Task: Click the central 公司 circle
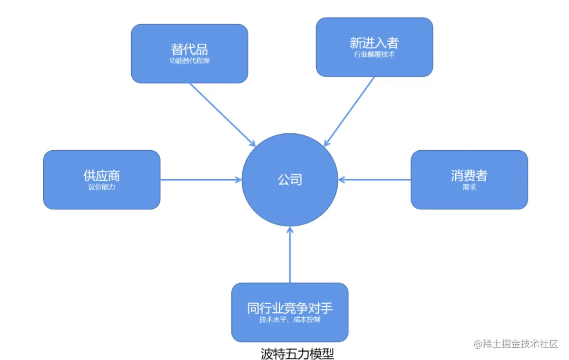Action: pos(290,158)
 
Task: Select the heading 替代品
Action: pos(189,50)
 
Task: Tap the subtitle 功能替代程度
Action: pos(189,61)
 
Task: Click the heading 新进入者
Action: pos(374,43)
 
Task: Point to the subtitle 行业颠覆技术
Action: pos(374,54)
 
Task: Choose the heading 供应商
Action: pos(101,176)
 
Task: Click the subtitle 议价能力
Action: pos(101,187)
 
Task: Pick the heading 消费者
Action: pos(469,176)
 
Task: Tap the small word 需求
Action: pos(469,187)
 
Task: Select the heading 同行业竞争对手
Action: pos(290,308)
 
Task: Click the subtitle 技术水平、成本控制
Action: pos(290,319)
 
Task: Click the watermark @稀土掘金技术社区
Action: pos(516,344)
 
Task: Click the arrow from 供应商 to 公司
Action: pos(200,180)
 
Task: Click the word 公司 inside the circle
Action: pos(290,180)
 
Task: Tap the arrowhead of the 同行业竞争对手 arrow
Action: pos(290,230)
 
